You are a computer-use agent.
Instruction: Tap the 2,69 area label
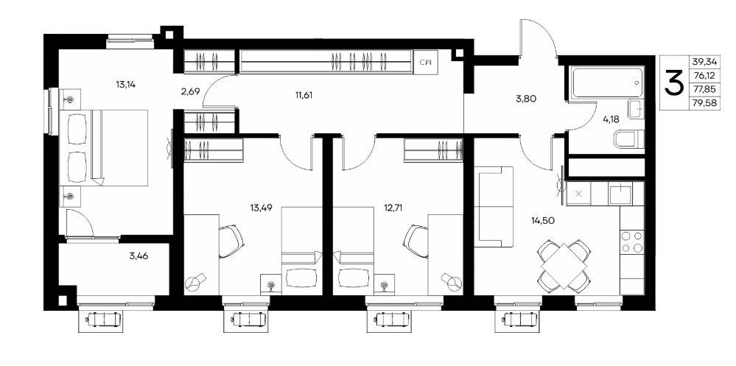tap(191, 91)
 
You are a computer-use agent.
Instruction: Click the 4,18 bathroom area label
tap(611, 119)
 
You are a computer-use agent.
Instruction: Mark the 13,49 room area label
tap(262, 208)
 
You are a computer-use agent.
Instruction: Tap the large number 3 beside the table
tap(673, 83)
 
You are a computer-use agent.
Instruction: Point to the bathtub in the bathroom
tap(606, 82)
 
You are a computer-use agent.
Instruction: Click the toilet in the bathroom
tap(629, 139)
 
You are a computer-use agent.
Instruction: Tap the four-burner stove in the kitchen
tap(632, 242)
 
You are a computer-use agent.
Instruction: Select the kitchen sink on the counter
tap(620, 194)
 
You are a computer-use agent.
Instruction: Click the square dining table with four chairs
tap(564, 266)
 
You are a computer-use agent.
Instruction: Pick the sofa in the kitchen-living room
tap(495, 206)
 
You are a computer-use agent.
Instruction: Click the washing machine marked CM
tap(427, 61)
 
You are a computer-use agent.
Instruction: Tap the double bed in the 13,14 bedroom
tap(104, 148)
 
